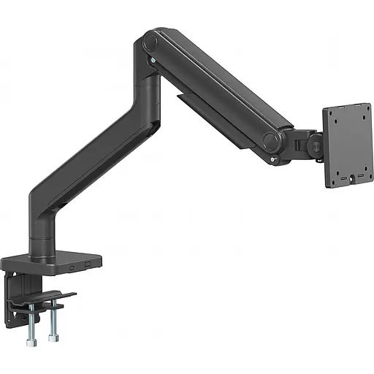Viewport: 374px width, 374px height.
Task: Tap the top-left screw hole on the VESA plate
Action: tap(334, 117)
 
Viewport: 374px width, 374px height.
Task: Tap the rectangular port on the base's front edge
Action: tap(88, 264)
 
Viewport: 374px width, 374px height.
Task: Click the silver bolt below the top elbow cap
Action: tap(151, 62)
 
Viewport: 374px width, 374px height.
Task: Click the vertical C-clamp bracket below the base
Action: tap(16, 292)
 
